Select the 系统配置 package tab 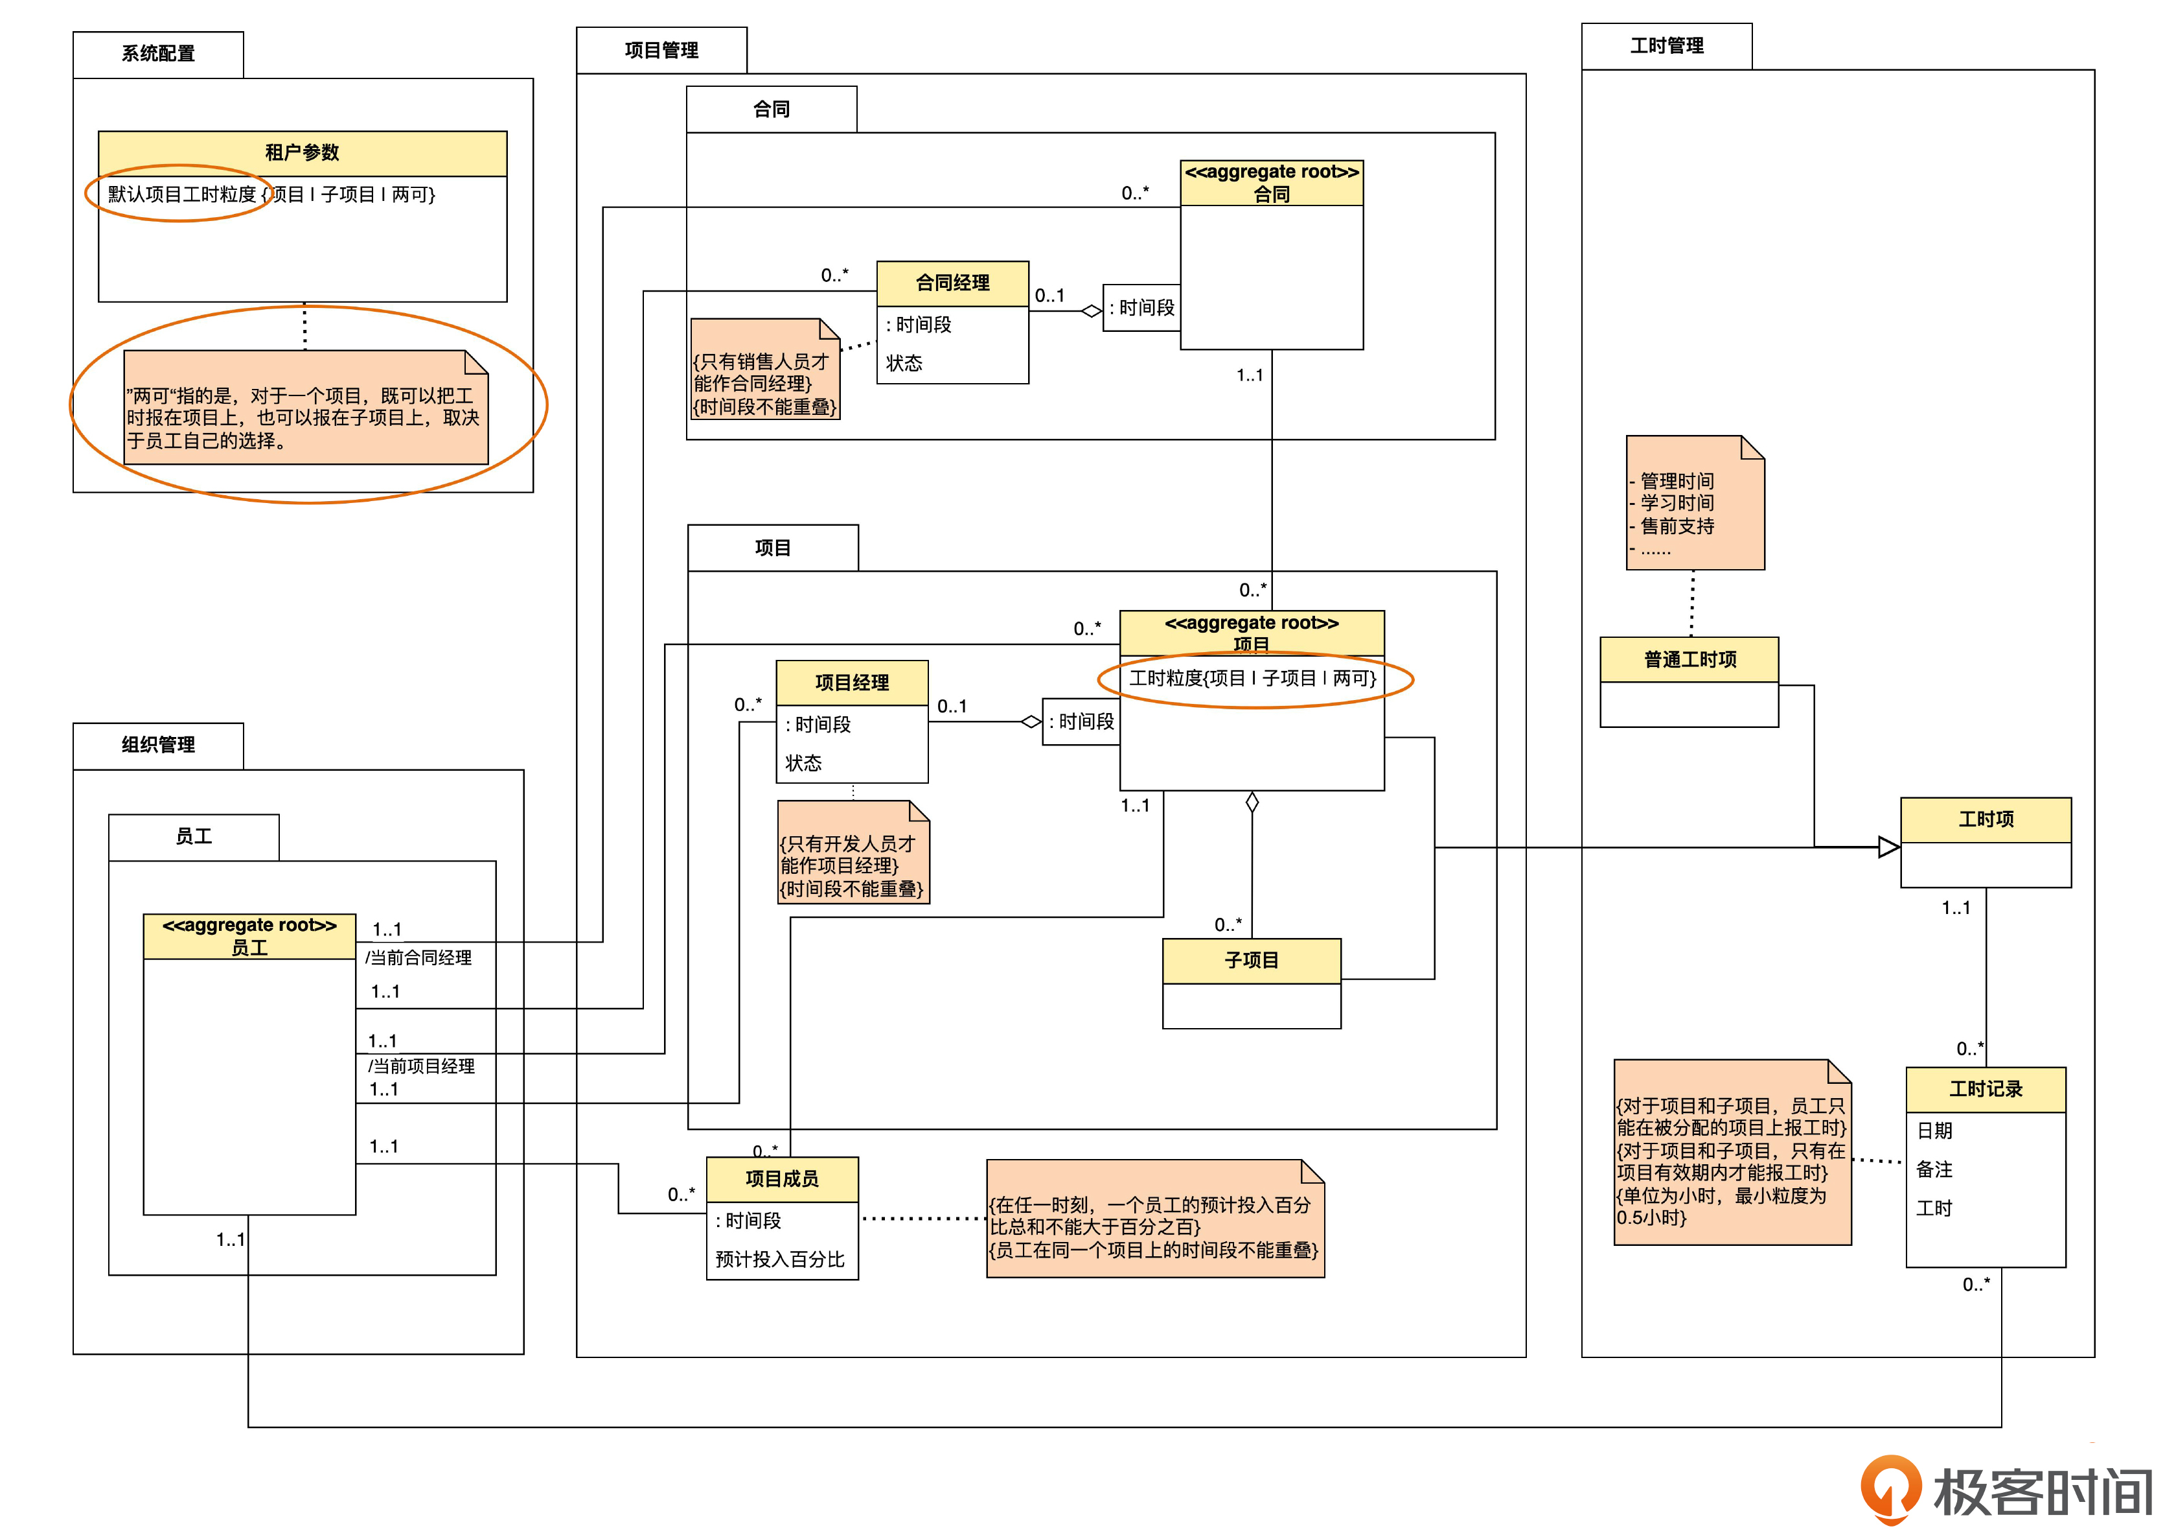(158, 54)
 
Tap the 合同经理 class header (952, 283)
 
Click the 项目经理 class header (852, 683)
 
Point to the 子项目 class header (1251, 961)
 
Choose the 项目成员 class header (782, 1178)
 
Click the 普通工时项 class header (1689, 659)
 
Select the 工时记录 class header (1986, 1090)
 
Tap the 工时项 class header (1986, 819)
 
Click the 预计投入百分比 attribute (780, 1259)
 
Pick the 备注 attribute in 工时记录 (1934, 1169)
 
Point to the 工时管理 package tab (1666, 45)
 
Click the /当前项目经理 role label (422, 1066)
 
